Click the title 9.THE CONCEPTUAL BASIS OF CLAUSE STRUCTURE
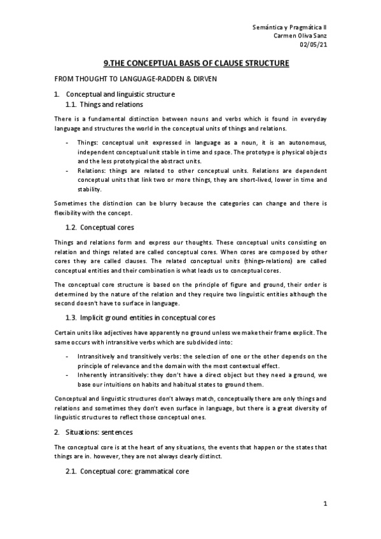click(196, 64)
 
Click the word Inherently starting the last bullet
click(94, 376)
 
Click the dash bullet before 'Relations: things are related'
click(67, 172)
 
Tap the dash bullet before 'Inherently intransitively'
click(67, 376)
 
